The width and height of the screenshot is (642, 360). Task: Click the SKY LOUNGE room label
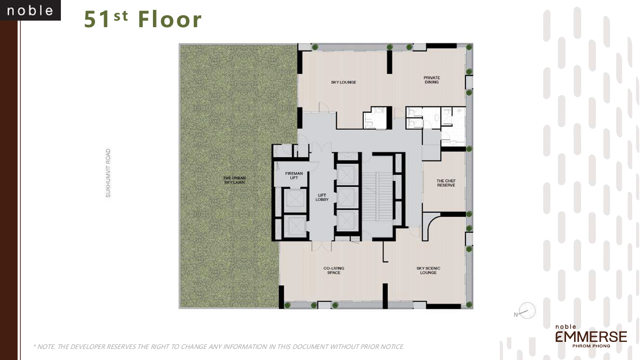coord(343,82)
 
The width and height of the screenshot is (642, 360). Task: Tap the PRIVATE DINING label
coord(431,80)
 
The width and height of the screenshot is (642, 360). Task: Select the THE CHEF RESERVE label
coord(445,183)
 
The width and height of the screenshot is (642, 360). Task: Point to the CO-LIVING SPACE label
coord(334,271)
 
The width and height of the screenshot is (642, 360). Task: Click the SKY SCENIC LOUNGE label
coord(428,271)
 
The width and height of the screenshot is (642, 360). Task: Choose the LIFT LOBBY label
coord(322,198)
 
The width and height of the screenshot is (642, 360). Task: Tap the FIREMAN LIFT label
coord(294,175)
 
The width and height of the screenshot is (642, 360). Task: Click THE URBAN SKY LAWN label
coord(234,179)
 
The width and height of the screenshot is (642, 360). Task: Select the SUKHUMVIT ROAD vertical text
coord(108,172)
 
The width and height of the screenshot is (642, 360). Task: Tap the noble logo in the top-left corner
coord(30,11)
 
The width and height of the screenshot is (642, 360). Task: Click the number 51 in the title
coord(97,20)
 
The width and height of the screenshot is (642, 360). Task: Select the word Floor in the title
coord(170,20)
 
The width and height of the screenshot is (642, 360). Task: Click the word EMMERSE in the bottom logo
coord(591,336)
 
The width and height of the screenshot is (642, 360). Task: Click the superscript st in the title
coord(120,16)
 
